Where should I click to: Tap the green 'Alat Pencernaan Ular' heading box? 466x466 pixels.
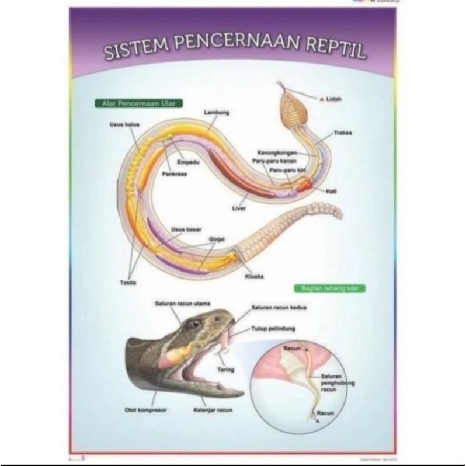pyautogui.click(x=138, y=103)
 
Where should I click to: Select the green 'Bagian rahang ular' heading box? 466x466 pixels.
pyautogui.click(x=329, y=288)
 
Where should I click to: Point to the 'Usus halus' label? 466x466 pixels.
pyautogui.click(x=123, y=124)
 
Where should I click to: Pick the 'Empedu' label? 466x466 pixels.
pyautogui.click(x=188, y=162)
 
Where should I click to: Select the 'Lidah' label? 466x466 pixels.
pyautogui.click(x=334, y=99)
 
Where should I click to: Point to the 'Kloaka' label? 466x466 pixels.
pyautogui.click(x=255, y=277)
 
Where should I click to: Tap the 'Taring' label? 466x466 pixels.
pyautogui.click(x=225, y=370)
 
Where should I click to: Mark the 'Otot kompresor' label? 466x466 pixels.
pyautogui.click(x=146, y=410)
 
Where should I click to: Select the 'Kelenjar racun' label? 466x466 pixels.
pyautogui.click(x=213, y=410)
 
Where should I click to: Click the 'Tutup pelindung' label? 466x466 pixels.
pyautogui.click(x=272, y=329)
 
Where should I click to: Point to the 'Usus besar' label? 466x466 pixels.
pyautogui.click(x=182, y=229)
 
